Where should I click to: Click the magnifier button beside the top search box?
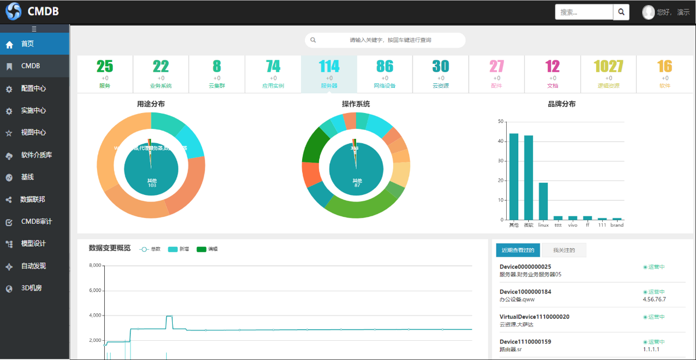point(621,12)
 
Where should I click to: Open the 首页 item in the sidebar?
point(27,44)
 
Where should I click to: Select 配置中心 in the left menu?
point(33,88)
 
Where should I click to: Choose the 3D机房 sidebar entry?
point(31,288)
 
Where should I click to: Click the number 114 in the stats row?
point(329,66)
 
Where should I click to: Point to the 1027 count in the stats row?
point(608,66)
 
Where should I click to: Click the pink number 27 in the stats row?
point(496,66)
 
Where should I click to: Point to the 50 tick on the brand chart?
point(500,121)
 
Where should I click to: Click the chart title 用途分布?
point(151,104)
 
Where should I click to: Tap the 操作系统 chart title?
point(356,104)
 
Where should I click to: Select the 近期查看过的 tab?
point(518,250)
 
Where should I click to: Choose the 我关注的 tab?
point(564,250)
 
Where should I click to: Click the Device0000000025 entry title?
point(525,267)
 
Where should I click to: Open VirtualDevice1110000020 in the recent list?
point(534,317)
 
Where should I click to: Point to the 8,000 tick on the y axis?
point(95,266)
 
